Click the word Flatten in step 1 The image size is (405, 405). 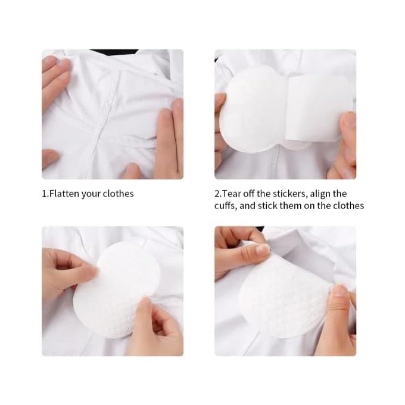pyautogui.click(x=64, y=194)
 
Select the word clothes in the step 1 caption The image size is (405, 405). pyautogui.click(x=119, y=194)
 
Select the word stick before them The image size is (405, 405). pyautogui.click(x=267, y=206)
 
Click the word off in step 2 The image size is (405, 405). pyautogui.click(x=249, y=194)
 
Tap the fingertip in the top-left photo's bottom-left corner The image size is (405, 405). pyautogui.click(x=51, y=157)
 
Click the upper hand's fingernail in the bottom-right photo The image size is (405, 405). pyautogui.click(x=263, y=250)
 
